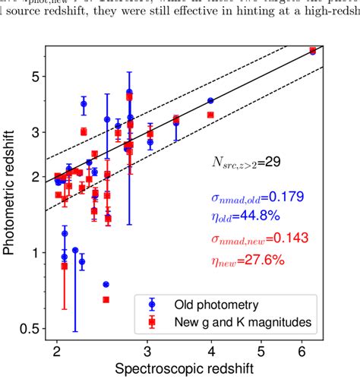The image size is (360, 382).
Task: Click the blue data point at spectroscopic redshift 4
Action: point(210,100)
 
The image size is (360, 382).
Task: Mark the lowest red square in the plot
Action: point(106,299)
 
